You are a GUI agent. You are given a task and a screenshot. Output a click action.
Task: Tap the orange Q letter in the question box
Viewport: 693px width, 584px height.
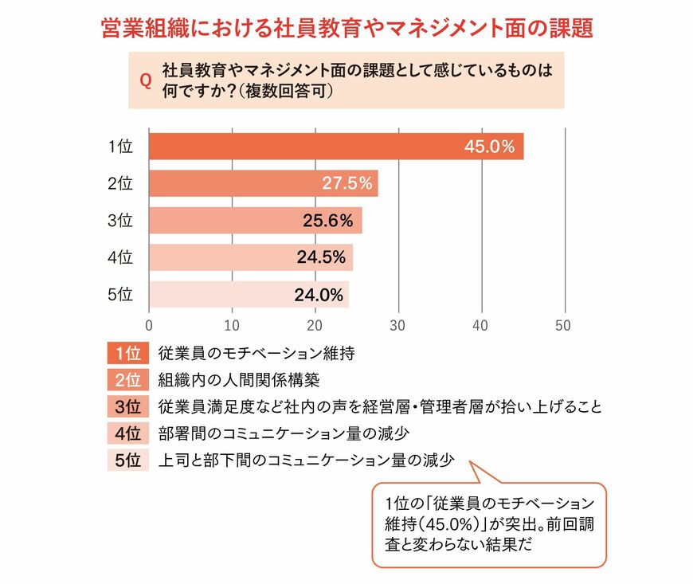145,80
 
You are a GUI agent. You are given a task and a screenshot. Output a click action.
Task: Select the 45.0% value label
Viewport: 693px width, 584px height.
490,147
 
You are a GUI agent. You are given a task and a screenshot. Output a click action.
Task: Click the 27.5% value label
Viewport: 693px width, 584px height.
346,183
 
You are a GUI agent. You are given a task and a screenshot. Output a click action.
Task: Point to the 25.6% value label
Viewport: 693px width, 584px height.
327,221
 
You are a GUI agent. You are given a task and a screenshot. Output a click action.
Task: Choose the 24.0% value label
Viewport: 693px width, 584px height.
318,295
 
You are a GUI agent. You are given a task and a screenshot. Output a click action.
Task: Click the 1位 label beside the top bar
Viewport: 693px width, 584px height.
120,147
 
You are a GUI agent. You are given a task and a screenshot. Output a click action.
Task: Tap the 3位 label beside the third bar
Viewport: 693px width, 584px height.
120,221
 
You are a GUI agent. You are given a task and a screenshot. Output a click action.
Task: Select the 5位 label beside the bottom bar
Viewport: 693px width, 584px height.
120,295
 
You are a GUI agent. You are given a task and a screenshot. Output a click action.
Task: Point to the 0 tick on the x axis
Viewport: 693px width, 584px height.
149,325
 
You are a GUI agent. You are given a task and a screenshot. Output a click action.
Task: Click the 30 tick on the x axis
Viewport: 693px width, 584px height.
397,325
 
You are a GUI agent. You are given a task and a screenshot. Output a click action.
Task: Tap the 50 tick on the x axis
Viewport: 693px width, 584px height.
563,325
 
